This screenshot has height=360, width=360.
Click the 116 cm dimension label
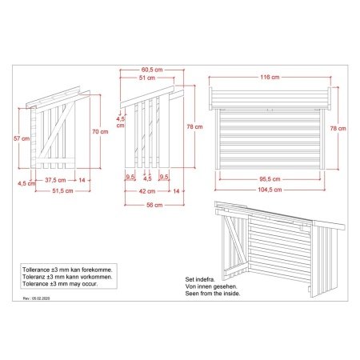tap(270, 78)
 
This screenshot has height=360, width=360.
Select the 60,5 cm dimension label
tap(152, 70)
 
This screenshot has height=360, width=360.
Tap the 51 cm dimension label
tap(147, 78)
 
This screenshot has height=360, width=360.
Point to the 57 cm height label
tap(22, 138)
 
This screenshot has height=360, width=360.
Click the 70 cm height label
tap(100, 132)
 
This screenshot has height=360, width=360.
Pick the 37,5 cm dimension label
tap(55, 180)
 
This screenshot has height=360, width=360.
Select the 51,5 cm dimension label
tap(62, 191)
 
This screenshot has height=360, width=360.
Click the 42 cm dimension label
tap(147, 191)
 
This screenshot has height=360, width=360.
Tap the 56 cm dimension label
tap(154, 205)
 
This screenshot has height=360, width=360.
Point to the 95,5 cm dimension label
tap(270, 179)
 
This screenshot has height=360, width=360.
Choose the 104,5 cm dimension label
tap(270, 190)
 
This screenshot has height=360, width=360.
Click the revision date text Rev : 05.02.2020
tap(36, 298)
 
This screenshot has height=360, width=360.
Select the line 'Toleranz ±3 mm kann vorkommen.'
tap(67, 277)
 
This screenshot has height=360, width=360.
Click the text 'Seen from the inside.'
tap(213, 294)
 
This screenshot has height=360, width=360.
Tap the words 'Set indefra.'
tap(200, 279)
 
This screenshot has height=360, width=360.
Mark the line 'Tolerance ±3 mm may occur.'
tap(60, 284)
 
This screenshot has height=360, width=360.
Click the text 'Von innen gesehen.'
tap(211, 286)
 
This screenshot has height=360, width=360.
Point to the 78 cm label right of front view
tap(338, 129)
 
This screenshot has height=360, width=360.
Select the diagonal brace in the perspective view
tap(234, 240)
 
